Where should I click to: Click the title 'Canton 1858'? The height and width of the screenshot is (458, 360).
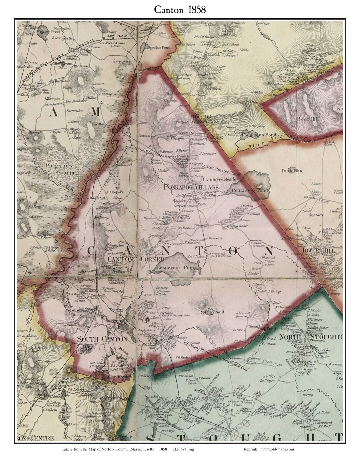point(180,10)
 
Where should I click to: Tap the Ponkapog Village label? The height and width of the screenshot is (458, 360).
point(191,187)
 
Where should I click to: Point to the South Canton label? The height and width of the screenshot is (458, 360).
point(102,339)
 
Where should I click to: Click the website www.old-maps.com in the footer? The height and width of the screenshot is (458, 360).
point(277,449)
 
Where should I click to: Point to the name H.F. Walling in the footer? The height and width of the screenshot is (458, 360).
point(183,449)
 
